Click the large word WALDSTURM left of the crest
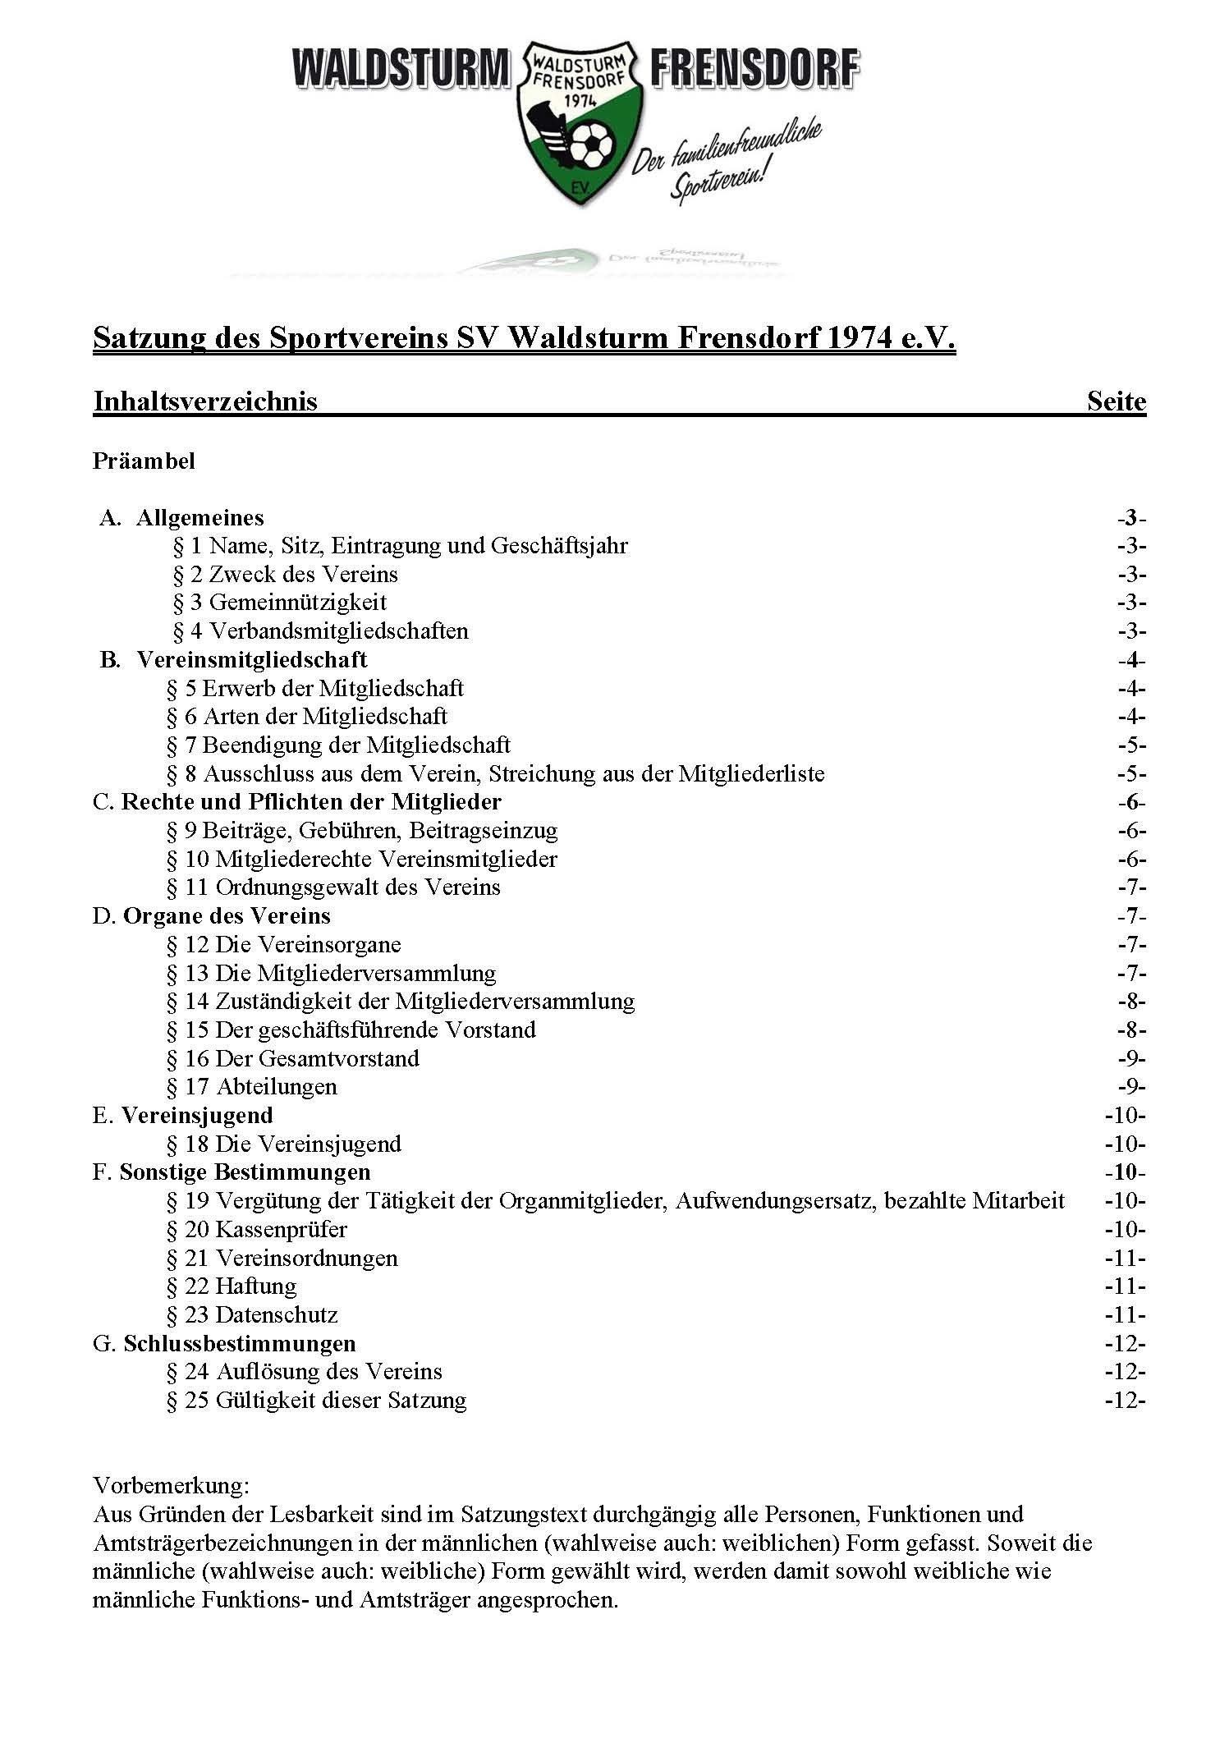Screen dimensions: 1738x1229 point(401,69)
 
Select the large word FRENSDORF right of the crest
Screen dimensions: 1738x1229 point(754,69)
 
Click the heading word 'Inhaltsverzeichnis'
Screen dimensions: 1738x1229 point(205,401)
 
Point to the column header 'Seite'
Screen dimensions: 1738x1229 point(1116,401)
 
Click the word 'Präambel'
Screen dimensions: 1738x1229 point(144,461)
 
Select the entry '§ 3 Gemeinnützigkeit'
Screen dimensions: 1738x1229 point(279,603)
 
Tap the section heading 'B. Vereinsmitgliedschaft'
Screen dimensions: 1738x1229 point(234,660)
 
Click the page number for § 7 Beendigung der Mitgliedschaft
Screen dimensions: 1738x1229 point(1130,745)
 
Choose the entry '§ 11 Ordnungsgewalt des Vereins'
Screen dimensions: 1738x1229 point(333,887)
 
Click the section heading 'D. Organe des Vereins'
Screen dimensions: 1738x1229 point(212,916)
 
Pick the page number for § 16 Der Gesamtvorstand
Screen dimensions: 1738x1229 point(1130,1059)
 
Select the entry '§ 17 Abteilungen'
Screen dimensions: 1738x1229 point(251,1087)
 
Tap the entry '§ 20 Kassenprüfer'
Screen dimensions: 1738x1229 point(256,1230)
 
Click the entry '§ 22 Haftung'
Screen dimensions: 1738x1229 point(232,1286)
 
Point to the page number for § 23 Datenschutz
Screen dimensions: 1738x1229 point(1125,1315)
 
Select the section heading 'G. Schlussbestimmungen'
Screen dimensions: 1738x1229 point(224,1344)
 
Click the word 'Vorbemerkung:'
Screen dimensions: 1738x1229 point(171,1486)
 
